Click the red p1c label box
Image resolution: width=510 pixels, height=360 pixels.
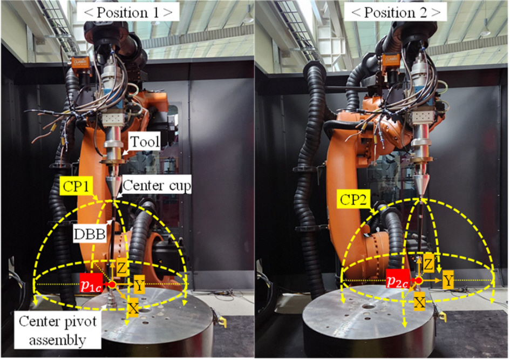tap(92, 284)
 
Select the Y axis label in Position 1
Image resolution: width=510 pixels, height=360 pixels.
tap(140, 285)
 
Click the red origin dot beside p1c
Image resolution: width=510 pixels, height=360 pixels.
tap(112, 284)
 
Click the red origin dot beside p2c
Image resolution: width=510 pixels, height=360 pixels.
tap(418, 281)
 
